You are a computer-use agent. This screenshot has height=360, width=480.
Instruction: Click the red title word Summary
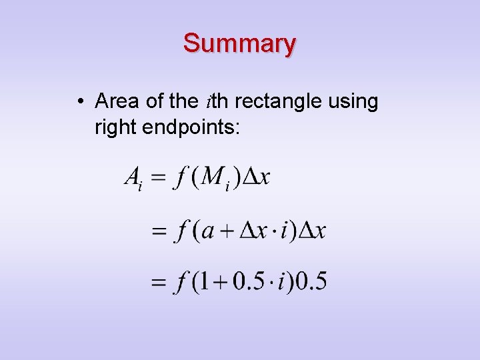[x=239, y=43]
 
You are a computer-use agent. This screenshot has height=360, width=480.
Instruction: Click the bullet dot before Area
[x=79, y=102]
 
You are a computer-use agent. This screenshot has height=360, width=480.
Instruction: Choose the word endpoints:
[x=189, y=127]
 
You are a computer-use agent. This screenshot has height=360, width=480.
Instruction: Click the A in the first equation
[x=132, y=178]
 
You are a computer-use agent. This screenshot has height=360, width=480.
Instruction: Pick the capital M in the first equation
[x=213, y=177]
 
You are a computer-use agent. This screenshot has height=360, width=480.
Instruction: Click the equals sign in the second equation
[x=159, y=232]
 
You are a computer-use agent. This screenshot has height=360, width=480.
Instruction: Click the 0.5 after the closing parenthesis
[x=311, y=281]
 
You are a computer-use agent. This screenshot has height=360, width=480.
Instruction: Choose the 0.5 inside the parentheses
[x=248, y=281]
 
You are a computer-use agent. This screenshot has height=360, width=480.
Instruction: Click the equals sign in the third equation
[x=159, y=283]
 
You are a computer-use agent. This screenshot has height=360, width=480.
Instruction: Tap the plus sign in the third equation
[x=221, y=282]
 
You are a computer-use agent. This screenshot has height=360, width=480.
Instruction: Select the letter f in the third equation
[x=180, y=283]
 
